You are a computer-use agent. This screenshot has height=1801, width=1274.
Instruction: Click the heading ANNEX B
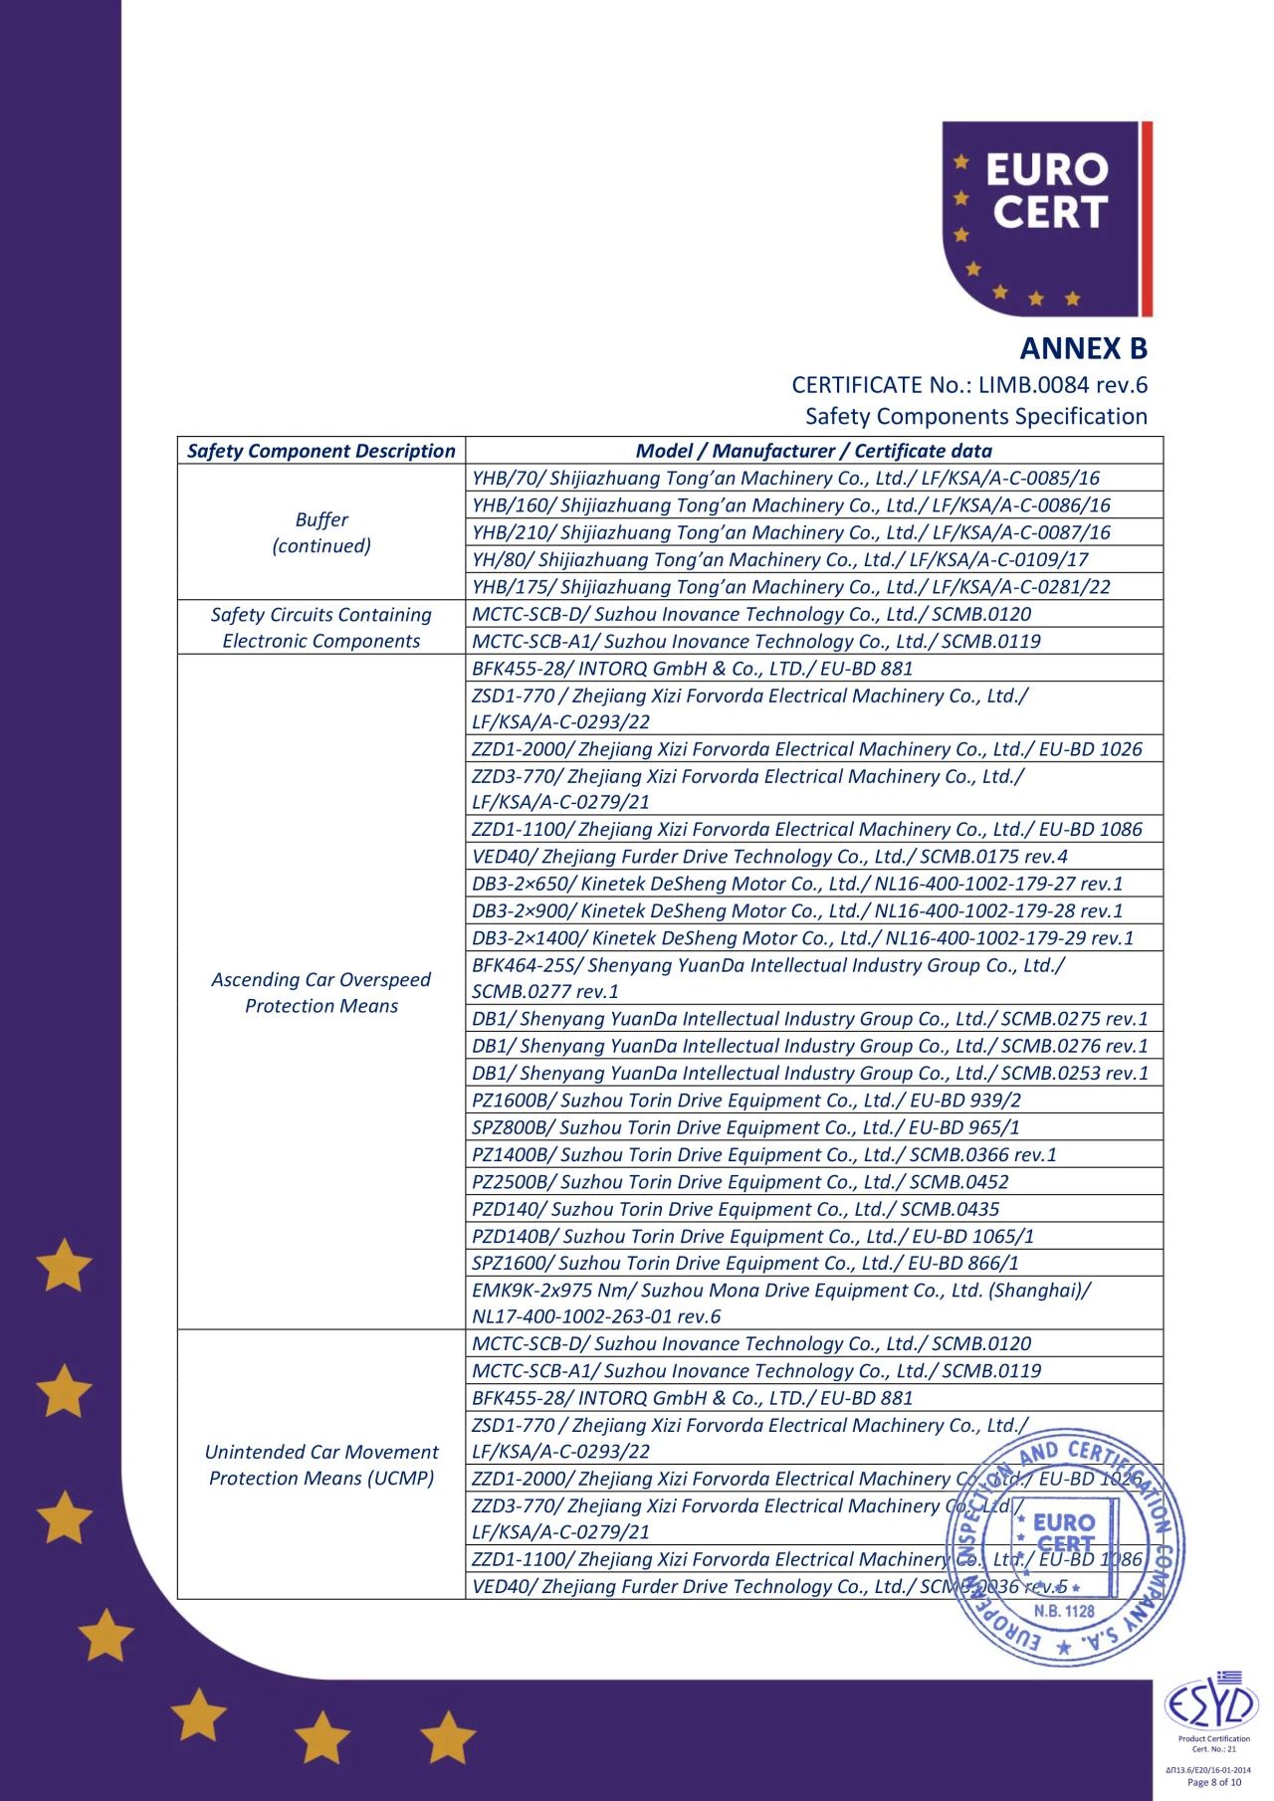pos(1083,349)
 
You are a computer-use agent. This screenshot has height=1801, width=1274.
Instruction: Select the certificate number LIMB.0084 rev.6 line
pos(968,385)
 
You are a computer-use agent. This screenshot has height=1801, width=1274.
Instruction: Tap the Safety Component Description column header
pos(320,451)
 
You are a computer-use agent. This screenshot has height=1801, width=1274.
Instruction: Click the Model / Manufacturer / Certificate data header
pos(813,451)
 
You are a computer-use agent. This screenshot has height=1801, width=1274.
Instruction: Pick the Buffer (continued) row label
pos(320,532)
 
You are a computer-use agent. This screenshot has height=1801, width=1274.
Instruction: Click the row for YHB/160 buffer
pos(790,505)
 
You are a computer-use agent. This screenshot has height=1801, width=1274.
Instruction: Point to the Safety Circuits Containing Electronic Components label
pos(320,628)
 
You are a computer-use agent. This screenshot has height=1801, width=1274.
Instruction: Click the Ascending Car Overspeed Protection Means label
pos(320,992)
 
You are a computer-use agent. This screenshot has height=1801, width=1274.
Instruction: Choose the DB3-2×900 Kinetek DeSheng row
pos(796,911)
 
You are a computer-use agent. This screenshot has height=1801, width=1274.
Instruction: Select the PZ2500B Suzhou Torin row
pos(740,1182)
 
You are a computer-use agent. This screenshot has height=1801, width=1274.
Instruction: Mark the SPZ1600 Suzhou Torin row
pos(744,1264)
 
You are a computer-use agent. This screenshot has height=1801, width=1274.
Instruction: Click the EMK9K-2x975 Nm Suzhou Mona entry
pos(780,1303)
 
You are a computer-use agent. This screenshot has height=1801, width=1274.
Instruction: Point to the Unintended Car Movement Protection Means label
pos(320,1465)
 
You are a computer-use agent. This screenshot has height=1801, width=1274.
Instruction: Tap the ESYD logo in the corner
pos(1211,1706)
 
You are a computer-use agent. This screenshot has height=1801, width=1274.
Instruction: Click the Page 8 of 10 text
pos(1213,1782)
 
